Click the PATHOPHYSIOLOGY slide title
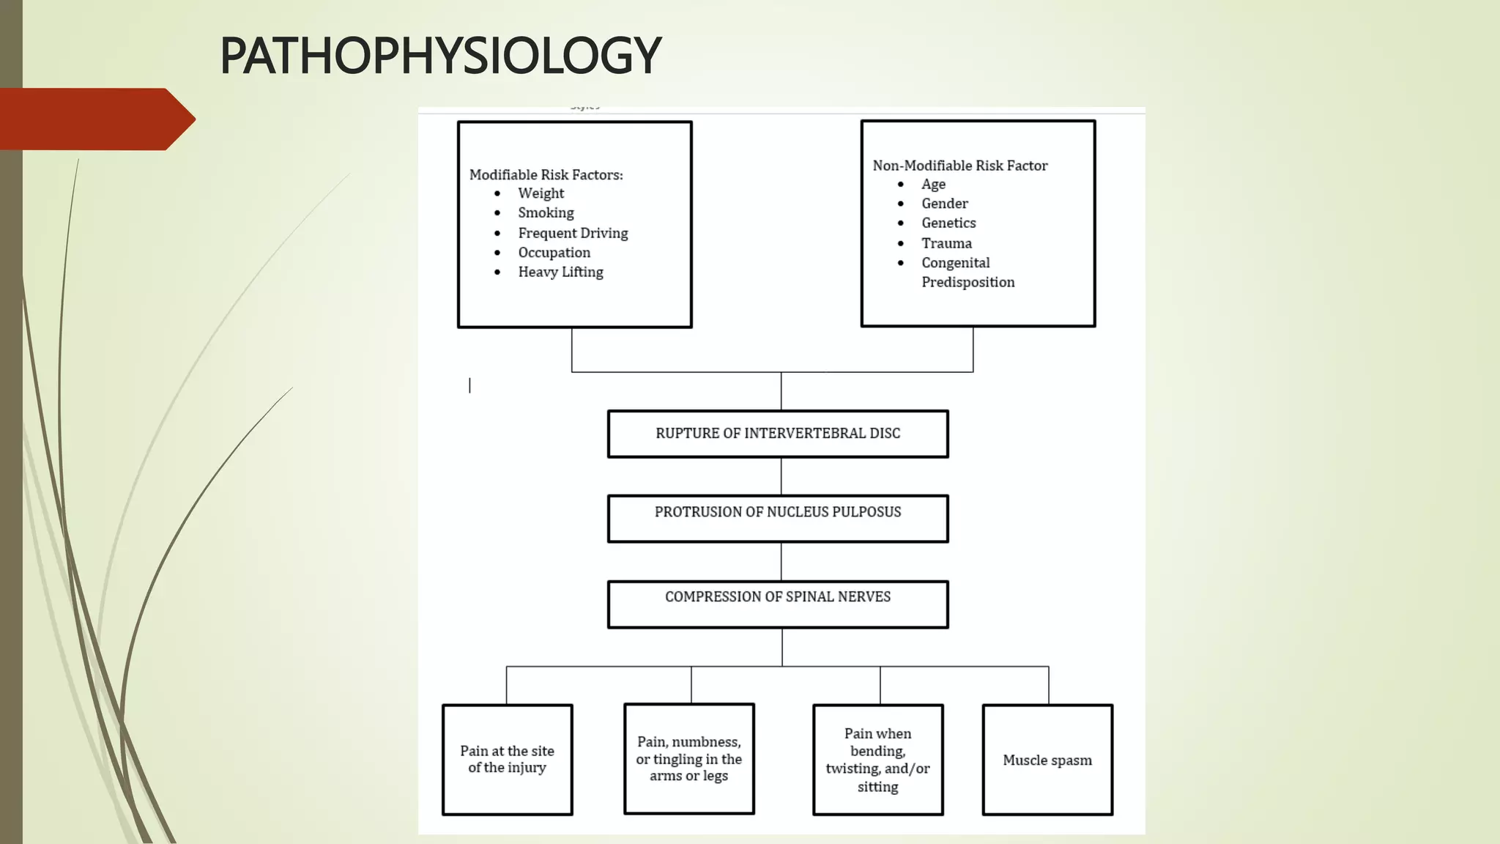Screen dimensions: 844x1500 pos(440,56)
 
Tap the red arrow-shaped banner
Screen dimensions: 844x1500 pos(95,119)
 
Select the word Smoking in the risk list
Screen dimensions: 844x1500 pos(546,212)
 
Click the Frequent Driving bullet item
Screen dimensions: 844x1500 pos(573,233)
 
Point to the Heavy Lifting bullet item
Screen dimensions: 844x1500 pos(560,272)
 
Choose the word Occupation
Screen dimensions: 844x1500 pos(554,253)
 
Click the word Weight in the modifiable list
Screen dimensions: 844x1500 pos(541,193)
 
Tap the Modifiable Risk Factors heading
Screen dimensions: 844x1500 pos(546,174)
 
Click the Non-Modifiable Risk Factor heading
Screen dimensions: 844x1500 pos(959,166)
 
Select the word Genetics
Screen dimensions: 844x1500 pos(948,223)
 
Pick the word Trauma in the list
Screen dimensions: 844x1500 pos(946,243)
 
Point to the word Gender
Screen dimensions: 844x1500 pos(944,204)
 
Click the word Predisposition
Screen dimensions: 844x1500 pos(968,282)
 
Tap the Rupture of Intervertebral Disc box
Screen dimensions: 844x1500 pos(778,434)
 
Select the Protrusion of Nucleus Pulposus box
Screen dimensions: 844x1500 pos(778,518)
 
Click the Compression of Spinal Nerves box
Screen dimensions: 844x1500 pos(778,604)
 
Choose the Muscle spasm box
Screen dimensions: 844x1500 pos(1047,760)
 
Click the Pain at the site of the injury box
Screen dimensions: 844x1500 pos(507,759)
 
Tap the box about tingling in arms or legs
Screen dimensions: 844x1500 pos(688,758)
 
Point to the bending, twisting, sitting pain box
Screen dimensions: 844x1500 pos(877,760)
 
